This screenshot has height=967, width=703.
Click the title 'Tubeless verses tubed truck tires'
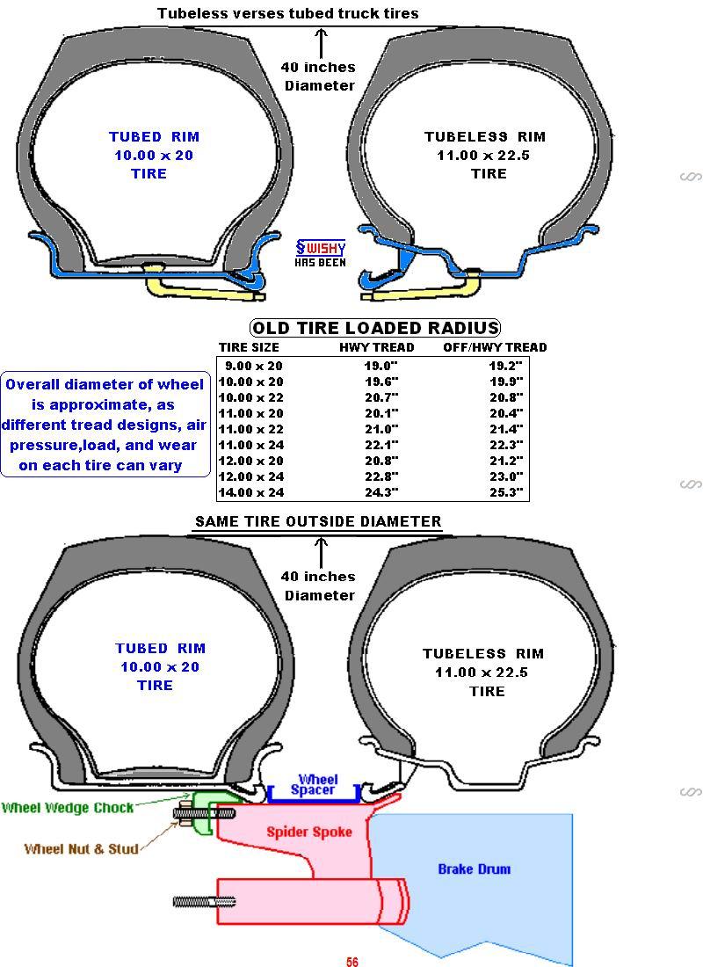pyautogui.click(x=288, y=13)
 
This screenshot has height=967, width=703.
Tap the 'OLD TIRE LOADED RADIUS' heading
pyautogui.click(x=375, y=328)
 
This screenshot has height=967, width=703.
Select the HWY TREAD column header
pyautogui.click(x=377, y=347)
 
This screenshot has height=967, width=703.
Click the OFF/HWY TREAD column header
pyautogui.click(x=495, y=347)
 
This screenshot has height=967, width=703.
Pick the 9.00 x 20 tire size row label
pyautogui.click(x=253, y=366)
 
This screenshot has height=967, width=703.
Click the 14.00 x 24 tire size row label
pyautogui.click(x=251, y=492)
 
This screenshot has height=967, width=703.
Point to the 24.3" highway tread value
pyautogui.click(x=381, y=492)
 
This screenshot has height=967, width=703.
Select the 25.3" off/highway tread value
pyautogui.click(x=505, y=492)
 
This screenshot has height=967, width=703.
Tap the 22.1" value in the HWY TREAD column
pyautogui.click(x=381, y=445)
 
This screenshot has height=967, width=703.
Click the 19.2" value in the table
pyautogui.click(x=505, y=366)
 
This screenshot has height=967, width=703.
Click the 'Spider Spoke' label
pyautogui.click(x=309, y=832)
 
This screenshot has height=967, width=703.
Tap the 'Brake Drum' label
pyautogui.click(x=475, y=869)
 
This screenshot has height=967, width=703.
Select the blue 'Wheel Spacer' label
pyautogui.click(x=313, y=784)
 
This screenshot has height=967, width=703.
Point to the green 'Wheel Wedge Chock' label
pyautogui.click(x=68, y=808)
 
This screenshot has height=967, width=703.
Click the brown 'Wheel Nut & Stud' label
pyautogui.click(x=81, y=849)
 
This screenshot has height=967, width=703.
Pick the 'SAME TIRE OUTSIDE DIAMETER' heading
pyautogui.click(x=318, y=521)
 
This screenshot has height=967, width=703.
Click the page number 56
pyautogui.click(x=352, y=961)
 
